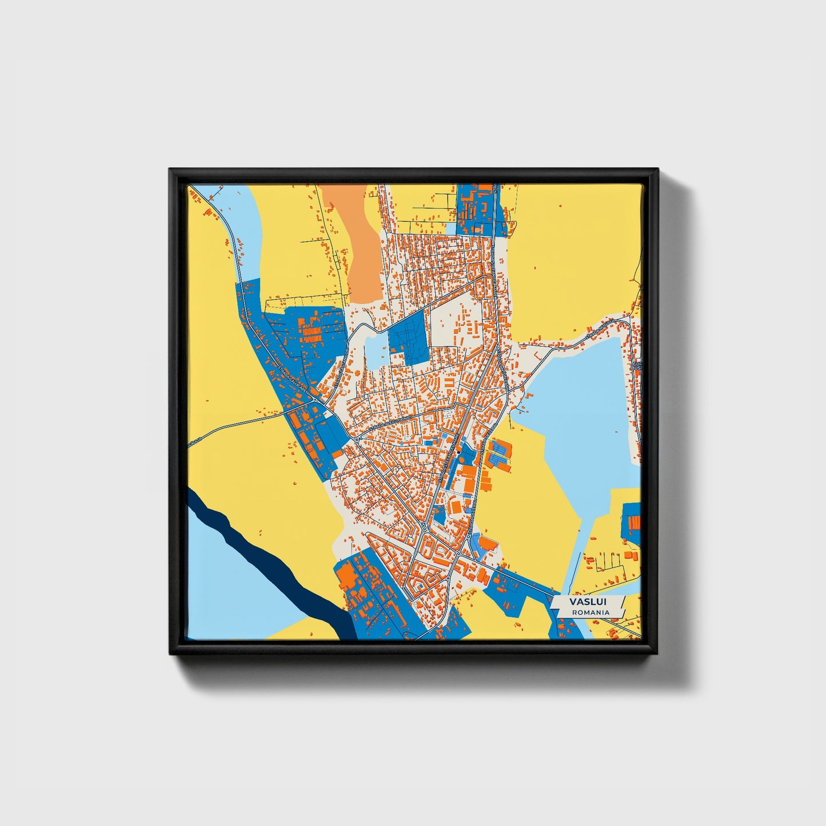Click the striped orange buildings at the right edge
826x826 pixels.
coord(633,522)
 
